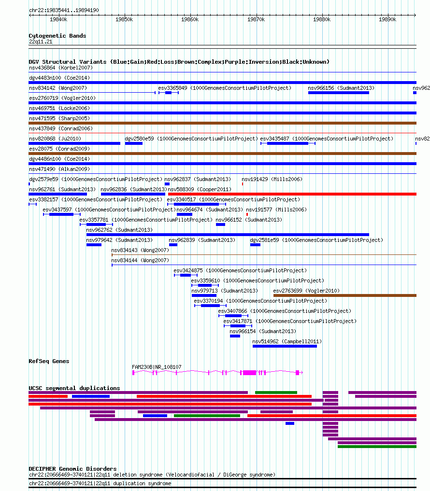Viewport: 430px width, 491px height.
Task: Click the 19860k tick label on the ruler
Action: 190,19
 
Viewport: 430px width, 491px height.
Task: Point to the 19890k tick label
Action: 387,19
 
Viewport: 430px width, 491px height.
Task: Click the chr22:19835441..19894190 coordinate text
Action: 64,10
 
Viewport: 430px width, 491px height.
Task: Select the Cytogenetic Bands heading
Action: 57,36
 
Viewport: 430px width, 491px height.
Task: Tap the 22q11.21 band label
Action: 41,42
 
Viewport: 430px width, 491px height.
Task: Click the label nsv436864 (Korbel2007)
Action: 61,68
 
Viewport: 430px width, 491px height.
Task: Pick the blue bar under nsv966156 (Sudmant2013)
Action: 339,93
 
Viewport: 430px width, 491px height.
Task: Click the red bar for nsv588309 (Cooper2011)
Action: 292,194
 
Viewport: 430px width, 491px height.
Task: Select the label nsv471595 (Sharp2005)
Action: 59,119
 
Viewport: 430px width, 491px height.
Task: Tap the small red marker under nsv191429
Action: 242,184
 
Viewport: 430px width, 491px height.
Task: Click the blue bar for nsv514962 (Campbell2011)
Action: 285,346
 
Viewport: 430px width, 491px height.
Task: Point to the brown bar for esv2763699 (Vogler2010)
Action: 345,295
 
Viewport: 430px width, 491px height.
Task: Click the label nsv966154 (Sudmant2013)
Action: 263,331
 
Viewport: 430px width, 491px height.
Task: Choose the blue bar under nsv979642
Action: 94,245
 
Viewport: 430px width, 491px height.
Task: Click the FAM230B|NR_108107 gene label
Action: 157,367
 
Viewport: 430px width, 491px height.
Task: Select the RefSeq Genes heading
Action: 49,361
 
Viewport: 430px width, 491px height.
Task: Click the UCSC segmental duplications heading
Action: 74,388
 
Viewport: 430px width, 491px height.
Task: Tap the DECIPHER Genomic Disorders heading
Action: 72,469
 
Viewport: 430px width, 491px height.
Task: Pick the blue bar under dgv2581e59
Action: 255,245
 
